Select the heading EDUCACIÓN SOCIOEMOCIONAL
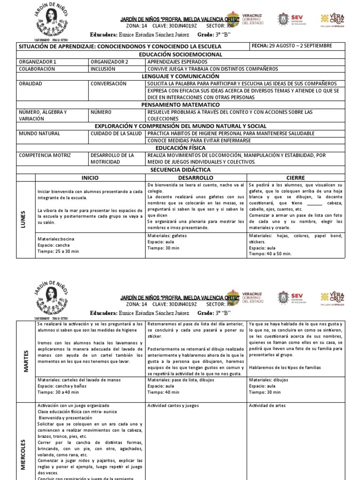tap(180, 54)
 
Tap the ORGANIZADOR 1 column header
tap(37, 61)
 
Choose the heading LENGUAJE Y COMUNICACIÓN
tap(180, 76)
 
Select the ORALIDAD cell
tap(30, 83)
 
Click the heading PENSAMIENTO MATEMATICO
tap(180, 105)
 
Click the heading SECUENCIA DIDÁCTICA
tap(180, 170)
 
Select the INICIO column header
tap(90, 178)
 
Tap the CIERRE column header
tap(296, 178)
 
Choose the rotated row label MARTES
tap(26, 361)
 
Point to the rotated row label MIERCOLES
tap(23, 448)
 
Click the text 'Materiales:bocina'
tap(55, 239)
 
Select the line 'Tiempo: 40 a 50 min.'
tap(270, 254)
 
